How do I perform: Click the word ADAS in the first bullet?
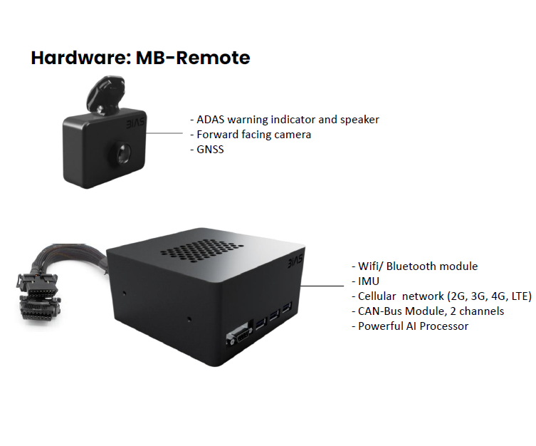coord(211,119)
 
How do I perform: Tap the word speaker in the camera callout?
coord(358,119)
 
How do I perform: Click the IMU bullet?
coord(369,281)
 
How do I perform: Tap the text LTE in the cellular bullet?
coord(517,296)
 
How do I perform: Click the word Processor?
coord(444,326)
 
